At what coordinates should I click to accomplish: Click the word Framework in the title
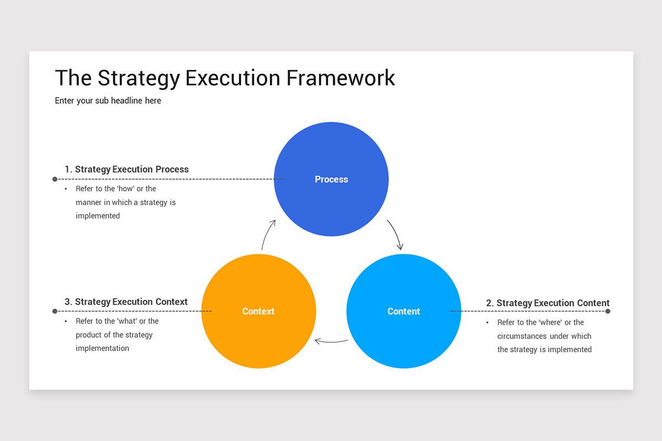pyautogui.click(x=340, y=78)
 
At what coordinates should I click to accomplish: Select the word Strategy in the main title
pyautogui.click(x=138, y=78)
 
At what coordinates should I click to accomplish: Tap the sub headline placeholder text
pyautogui.click(x=108, y=101)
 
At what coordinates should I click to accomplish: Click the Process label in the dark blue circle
pyautogui.click(x=331, y=179)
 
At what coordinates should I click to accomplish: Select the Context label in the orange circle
pyautogui.click(x=258, y=311)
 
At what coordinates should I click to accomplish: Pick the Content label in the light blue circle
pyautogui.click(x=404, y=311)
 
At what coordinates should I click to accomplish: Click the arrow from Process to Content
pyautogui.click(x=396, y=234)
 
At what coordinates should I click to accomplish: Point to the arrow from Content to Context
pyautogui.click(x=331, y=342)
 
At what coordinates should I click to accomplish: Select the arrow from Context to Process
pyautogui.click(x=267, y=234)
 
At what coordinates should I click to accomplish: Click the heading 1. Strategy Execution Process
pyautogui.click(x=126, y=169)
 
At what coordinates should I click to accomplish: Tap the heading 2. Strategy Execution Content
pyautogui.click(x=548, y=303)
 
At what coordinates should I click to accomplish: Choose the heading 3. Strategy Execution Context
pyautogui.click(x=126, y=302)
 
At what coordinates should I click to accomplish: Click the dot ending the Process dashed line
pyautogui.click(x=55, y=179)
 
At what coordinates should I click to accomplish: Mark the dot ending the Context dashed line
pyautogui.click(x=55, y=311)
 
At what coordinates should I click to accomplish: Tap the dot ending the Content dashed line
pyautogui.click(x=607, y=311)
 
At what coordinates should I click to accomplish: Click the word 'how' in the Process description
pyautogui.click(x=126, y=189)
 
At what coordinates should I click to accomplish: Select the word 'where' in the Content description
pyautogui.click(x=550, y=322)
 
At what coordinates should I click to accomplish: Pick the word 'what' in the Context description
pyautogui.click(x=127, y=321)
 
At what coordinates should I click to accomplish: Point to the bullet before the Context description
pyautogui.click(x=66, y=321)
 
